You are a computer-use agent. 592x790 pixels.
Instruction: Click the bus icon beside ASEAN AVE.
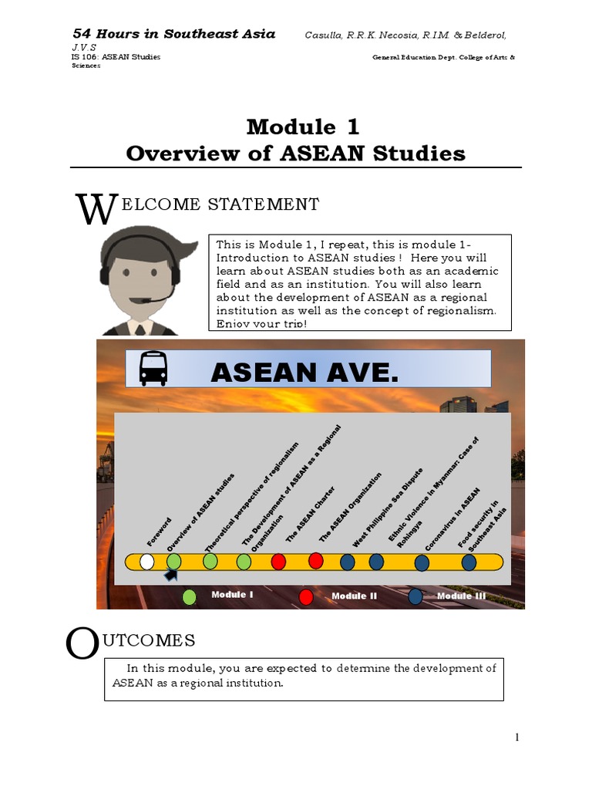153,368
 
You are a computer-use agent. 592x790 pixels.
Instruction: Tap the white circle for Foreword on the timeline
146,562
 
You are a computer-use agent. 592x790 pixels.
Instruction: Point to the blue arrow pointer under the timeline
170,575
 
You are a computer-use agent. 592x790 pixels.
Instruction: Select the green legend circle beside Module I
190,596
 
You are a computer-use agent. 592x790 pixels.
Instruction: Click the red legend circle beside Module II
306,596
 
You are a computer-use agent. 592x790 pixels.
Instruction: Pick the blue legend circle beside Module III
415,596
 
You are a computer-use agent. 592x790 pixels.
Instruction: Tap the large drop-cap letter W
96,211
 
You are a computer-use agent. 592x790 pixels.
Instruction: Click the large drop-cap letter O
82,645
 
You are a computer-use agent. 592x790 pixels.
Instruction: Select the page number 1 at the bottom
517,738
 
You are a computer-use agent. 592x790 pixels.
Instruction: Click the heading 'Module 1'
302,127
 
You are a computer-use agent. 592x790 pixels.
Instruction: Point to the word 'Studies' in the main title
421,153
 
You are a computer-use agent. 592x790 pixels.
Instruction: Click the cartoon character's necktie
140,328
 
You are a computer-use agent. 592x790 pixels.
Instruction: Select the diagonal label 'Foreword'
160,532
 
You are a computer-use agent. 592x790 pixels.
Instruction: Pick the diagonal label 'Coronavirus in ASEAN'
452,518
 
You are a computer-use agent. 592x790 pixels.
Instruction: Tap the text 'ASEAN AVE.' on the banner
305,373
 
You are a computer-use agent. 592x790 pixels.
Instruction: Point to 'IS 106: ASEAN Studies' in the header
116,58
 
